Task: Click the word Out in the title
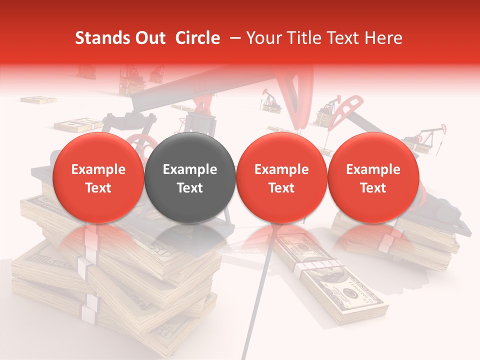[x=150, y=38]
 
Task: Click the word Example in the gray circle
[x=190, y=169]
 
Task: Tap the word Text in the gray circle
[x=190, y=188]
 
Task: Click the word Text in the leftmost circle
[x=98, y=188]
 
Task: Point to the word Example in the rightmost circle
[x=373, y=169]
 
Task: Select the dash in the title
[x=233, y=38]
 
